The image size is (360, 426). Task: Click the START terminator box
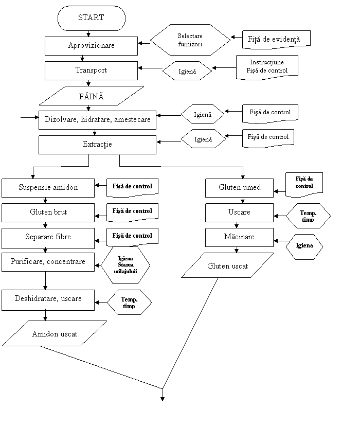click(x=91, y=18)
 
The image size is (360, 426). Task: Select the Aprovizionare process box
click(x=91, y=46)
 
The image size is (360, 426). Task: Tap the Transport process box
click(x=91, y=70)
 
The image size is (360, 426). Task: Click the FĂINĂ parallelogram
click(x=91, y=96)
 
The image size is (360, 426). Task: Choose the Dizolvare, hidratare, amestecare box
click(x=97, y=119)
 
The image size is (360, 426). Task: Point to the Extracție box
click(x=97, y=145)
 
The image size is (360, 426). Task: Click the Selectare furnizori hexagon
click(x=190, y=40)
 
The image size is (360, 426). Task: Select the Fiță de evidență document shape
click(x=276, y=39)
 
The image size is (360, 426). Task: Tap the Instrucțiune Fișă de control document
click(x=266, y=66)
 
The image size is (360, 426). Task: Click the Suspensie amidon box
click(x=48, y=188)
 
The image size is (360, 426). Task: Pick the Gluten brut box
click(x=48, y=212)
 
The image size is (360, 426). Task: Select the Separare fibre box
click(x=48, y=237)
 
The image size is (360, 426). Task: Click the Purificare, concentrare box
click(x=48, y=262)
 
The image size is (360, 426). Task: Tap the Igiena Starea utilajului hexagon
click(x=125, y=264)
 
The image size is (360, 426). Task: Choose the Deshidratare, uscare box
click(x=48, y=299)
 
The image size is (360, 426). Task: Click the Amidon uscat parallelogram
click(x=55, y=334)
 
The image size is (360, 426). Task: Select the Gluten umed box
click(x=239, y=188)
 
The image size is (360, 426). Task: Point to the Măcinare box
click(x=239, y=237)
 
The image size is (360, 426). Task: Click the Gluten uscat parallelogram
click(x=227, y=265)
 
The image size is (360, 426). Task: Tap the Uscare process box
click(x=239, y=212)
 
